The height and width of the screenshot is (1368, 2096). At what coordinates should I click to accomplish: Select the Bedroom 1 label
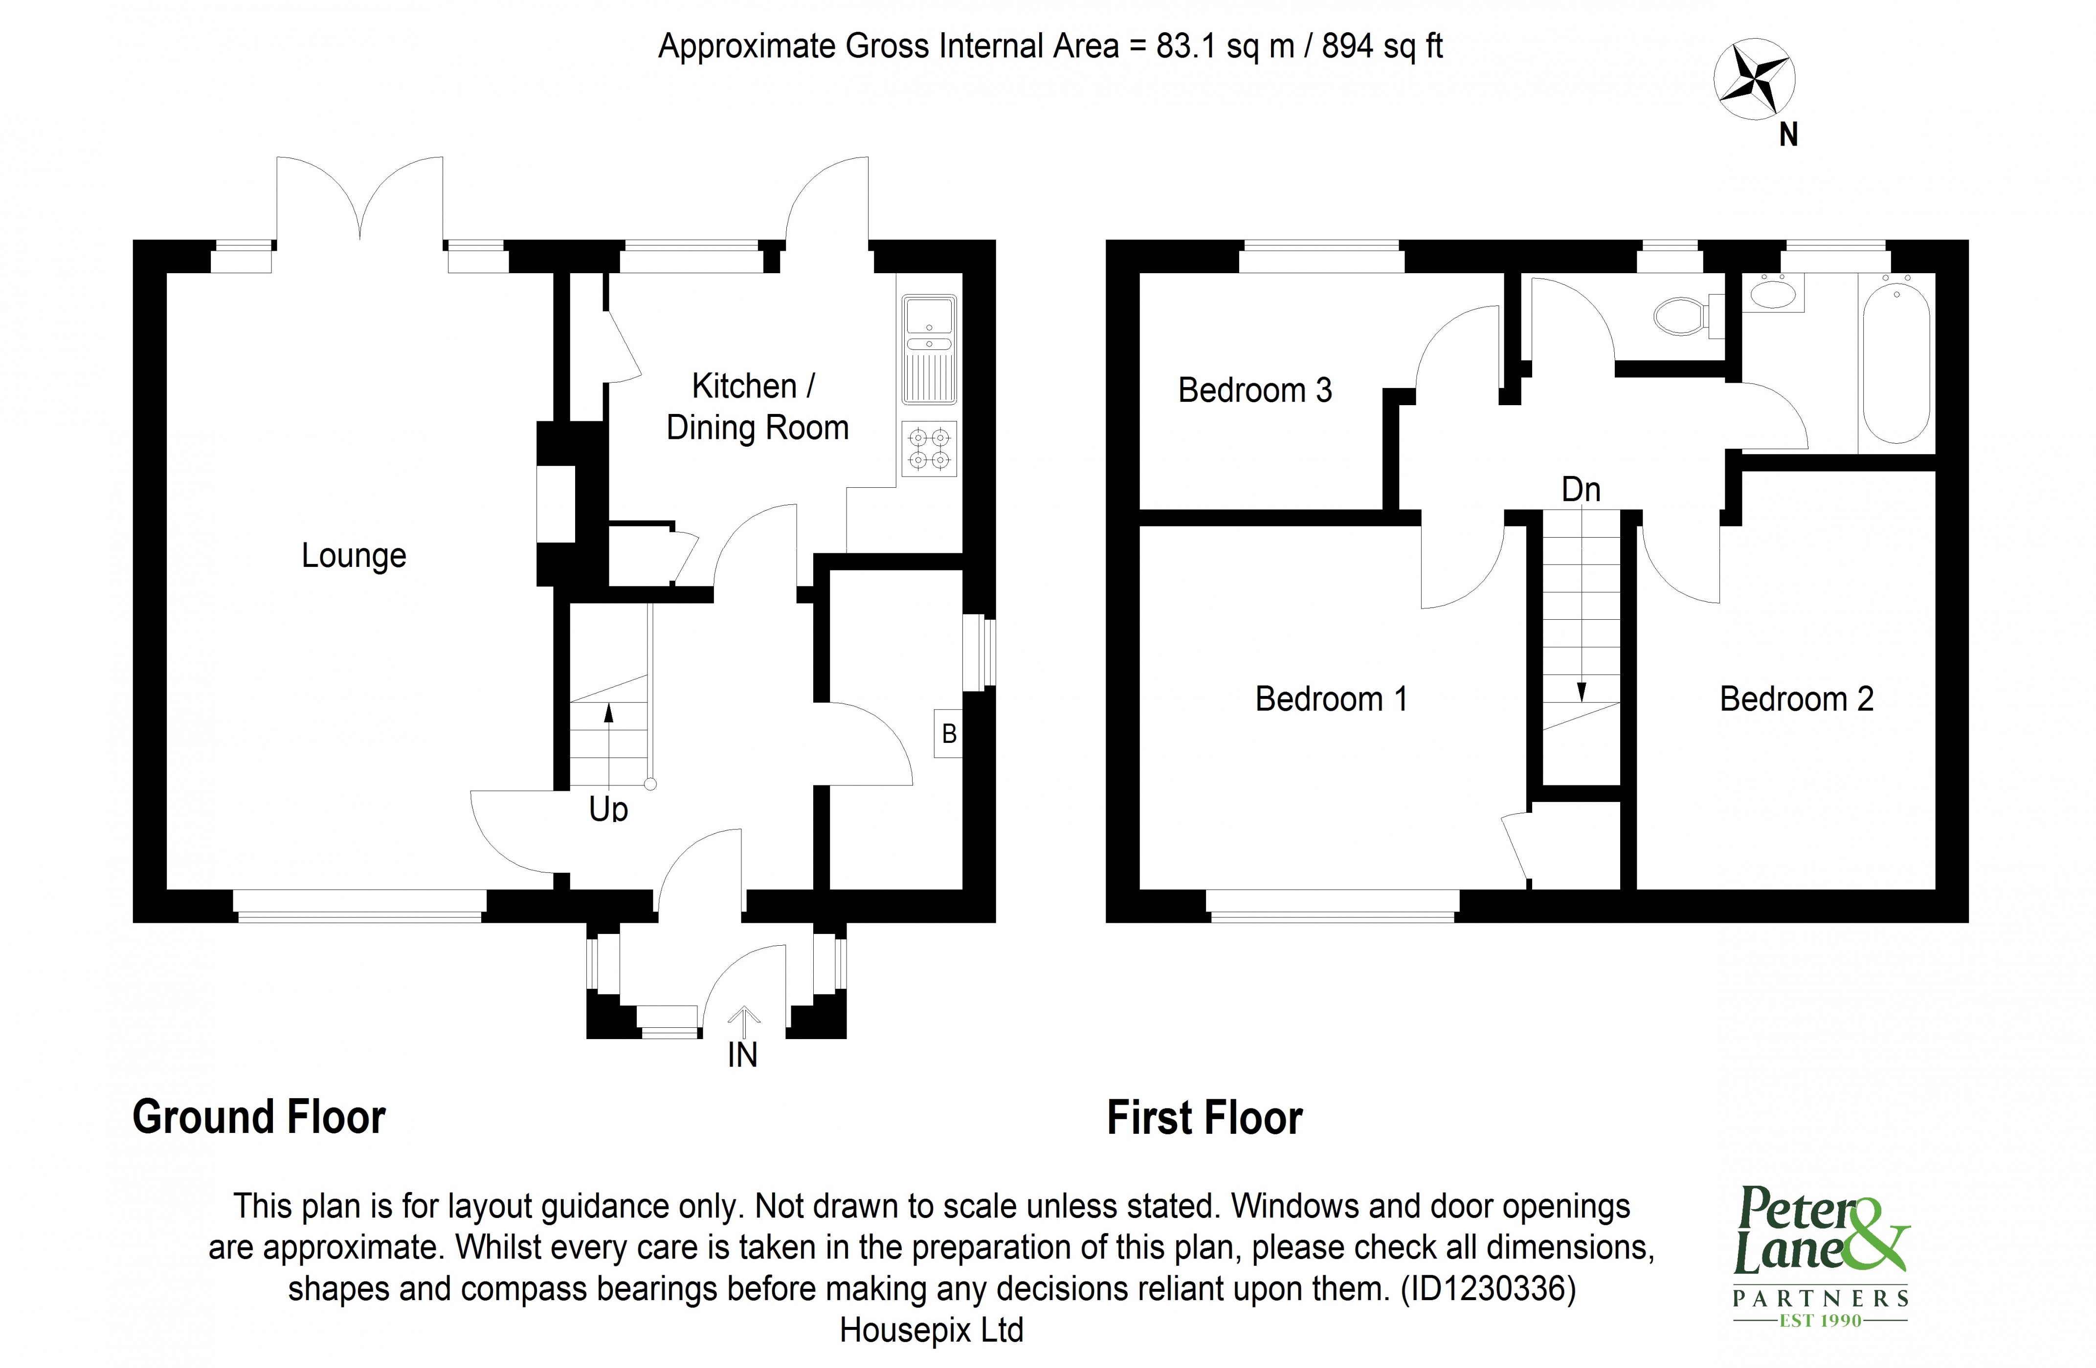point(1331,699)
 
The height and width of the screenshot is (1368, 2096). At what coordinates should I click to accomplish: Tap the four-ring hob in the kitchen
point(929,448)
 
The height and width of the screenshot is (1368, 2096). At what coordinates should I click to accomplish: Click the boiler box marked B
point(949,733)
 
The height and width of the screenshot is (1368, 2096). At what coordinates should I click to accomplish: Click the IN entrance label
point(742,1055)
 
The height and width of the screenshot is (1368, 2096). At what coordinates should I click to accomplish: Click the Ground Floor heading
point(259,1117)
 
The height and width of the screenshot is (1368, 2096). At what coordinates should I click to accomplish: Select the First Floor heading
point(1204,1118)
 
